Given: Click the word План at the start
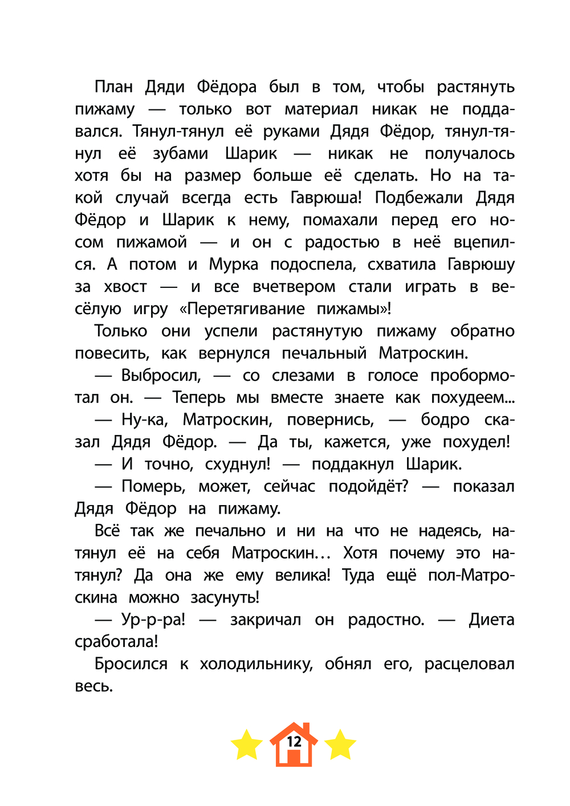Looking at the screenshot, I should click(113, 87).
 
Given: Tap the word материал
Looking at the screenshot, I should click(321, 109).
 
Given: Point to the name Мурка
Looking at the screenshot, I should click(234, 264).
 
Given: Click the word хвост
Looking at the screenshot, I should click(126, 287).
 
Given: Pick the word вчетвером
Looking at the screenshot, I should click(295, 287).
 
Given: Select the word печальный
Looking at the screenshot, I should click(324, 353).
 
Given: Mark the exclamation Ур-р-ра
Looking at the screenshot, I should click(153, 620).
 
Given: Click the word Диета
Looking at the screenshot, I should click(491, 620).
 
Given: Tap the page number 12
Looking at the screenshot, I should click(294, 742).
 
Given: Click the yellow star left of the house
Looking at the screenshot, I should click(246, 745).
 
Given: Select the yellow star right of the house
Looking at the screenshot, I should click(340, 745).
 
